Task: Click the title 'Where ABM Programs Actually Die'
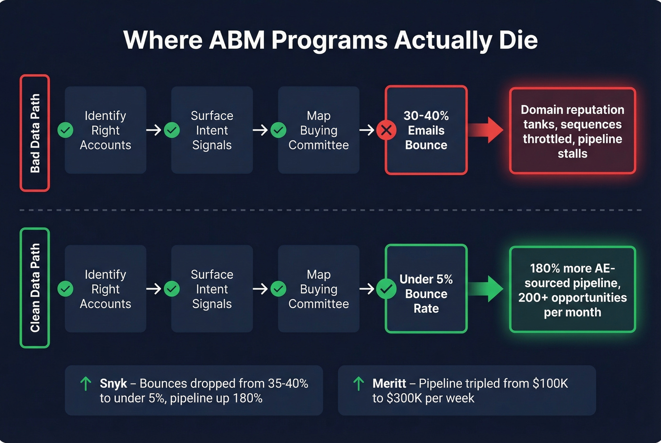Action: click(x=330, y=40)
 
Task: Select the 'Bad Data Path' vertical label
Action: click(x=34, y=133)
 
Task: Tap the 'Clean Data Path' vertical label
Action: click(x=34, y=288)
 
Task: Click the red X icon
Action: click(x=386, y=130)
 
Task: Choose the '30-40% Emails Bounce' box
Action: click(x=426, y=130)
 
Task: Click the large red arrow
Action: click(x=486, y=130)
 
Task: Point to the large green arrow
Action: click(x=486, y=289)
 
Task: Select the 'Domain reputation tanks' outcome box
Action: click(x=572, y=131)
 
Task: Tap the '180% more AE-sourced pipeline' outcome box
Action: click(x=572, y=290)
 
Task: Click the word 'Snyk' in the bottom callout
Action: click(x=113, y=384)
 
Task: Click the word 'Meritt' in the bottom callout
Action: click(x=389, y=384)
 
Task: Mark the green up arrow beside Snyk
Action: click(x=85, y=384)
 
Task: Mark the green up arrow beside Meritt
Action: click(x=358, y=384)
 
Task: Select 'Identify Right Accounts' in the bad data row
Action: click(x=105, y=130)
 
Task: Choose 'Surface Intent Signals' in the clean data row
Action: click(x=212, y=289)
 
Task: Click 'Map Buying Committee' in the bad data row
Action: click(x=319, y=130)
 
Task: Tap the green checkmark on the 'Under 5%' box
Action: click(x=386, y=289)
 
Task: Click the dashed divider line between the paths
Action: click(x=330, y=210)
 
